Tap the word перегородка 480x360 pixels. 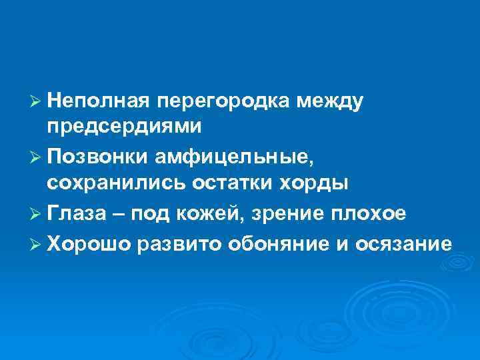tap(225, 101)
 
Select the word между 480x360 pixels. tap(331, 101)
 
